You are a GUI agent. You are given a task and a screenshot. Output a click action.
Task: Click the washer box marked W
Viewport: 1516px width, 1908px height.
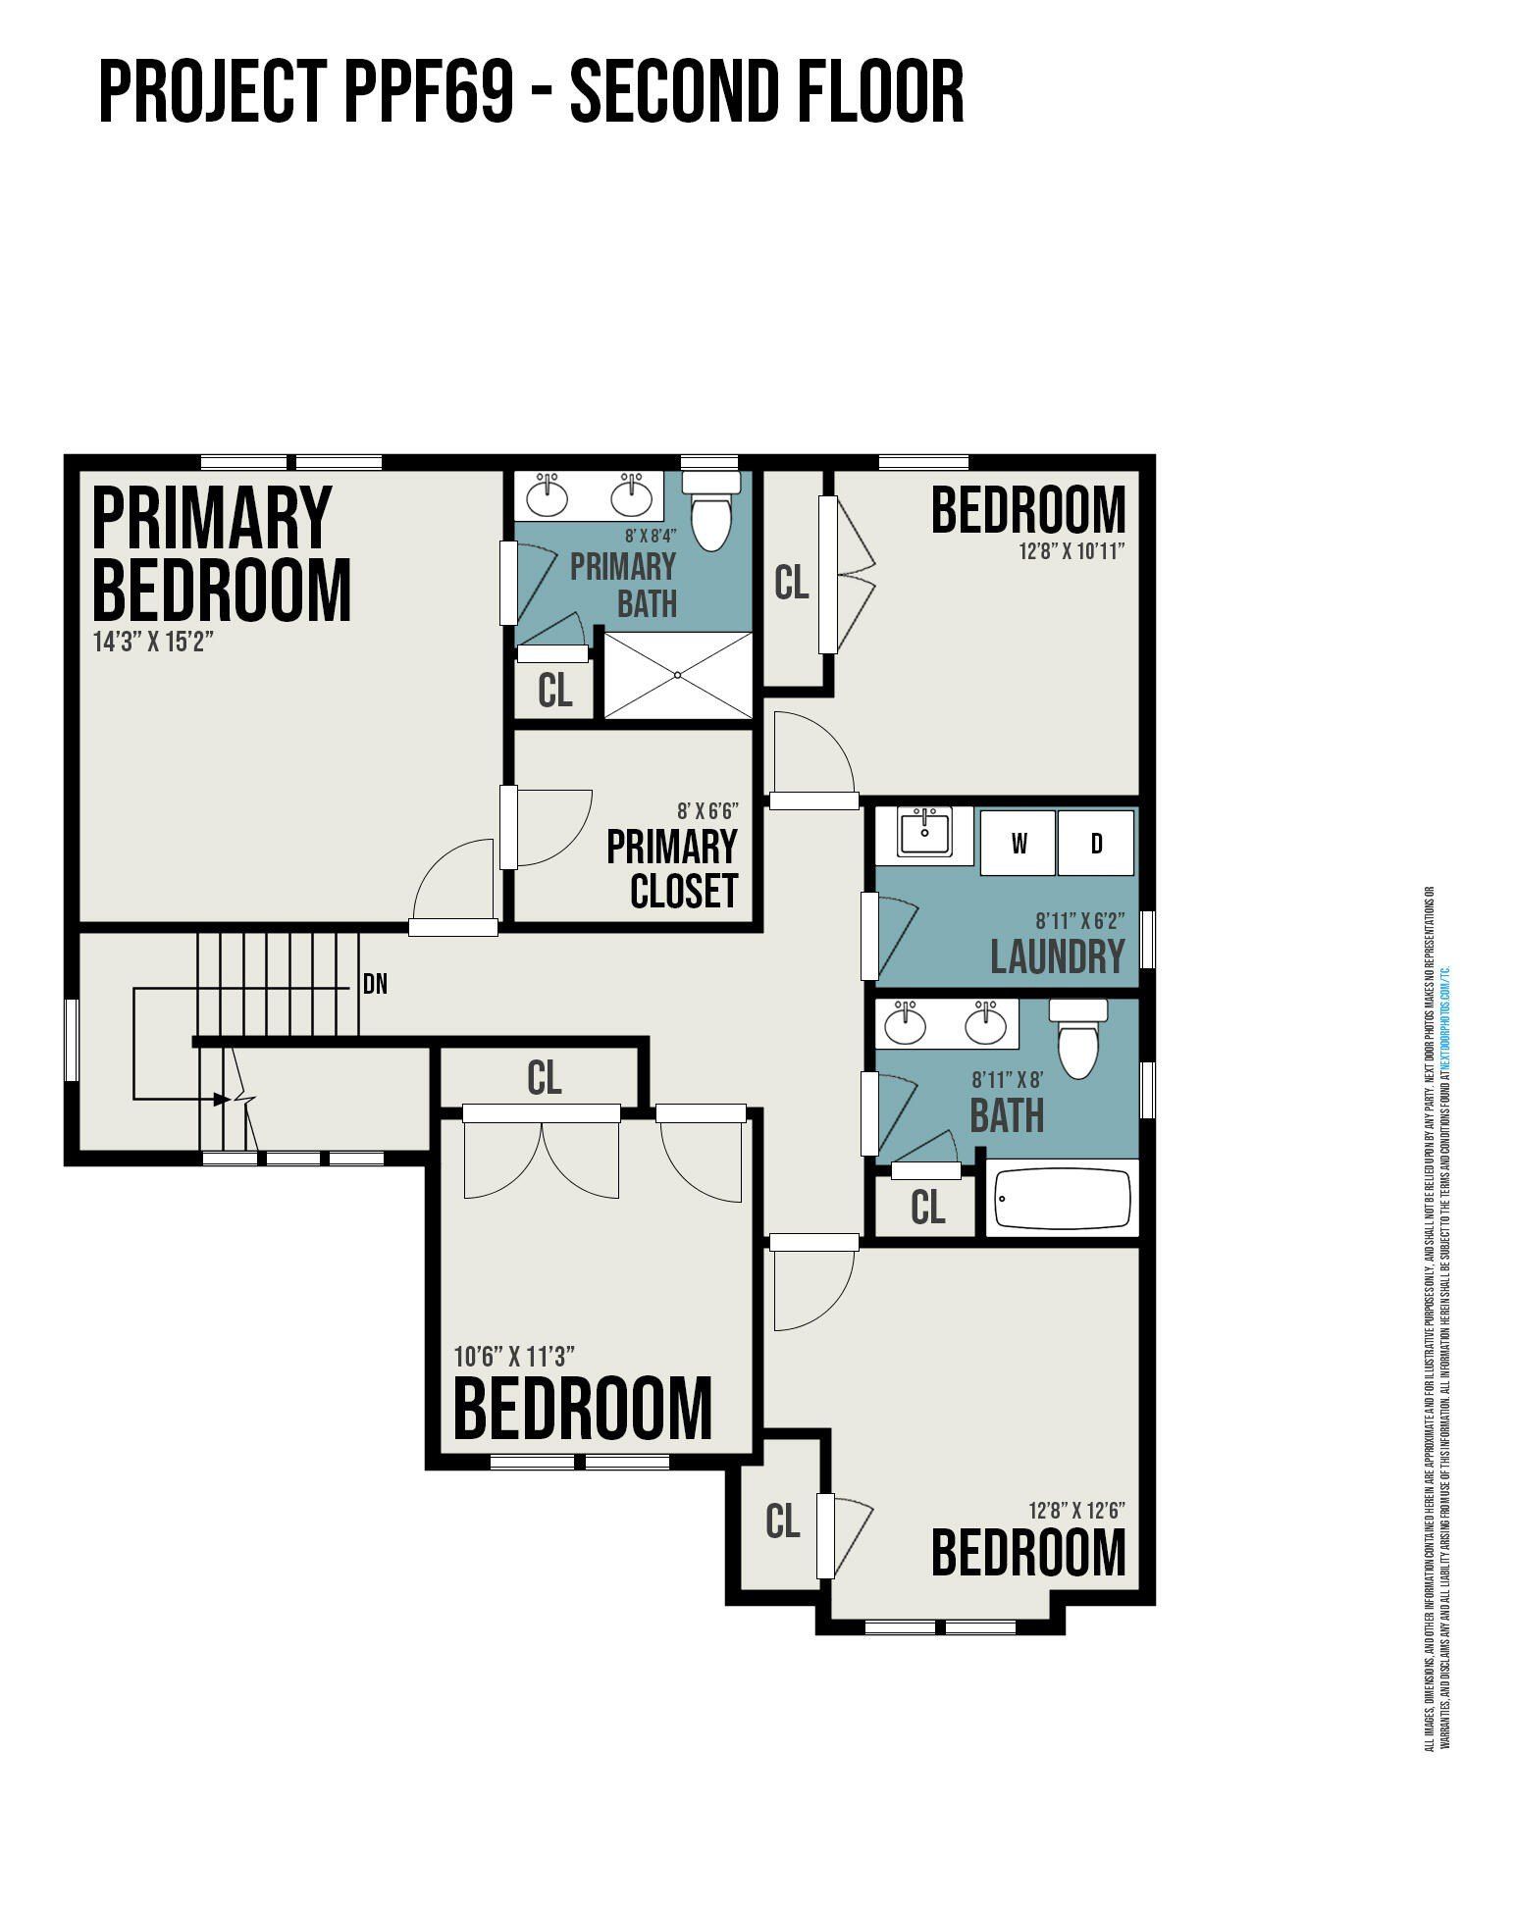pyautogui.click(x=1019, y=843)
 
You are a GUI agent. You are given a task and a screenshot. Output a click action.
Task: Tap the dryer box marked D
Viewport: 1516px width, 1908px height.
pyautogui.click(x=1095, y=843)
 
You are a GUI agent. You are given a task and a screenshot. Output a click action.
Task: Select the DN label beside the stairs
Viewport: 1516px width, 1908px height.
pyautogui.click(x=375, y=984)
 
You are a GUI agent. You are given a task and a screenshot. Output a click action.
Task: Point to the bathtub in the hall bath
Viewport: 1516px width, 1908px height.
pyautogui.click(x=1063, y=1198)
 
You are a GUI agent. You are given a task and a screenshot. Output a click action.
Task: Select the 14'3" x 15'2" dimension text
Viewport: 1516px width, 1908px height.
pyautogui.click(x=153, y=643)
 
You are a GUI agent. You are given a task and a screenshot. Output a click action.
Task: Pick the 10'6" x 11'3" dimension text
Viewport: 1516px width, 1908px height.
pyautogui.click(x=514, y=1356)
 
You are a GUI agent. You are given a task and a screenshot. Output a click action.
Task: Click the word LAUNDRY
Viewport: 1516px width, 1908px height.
pyautogui.click(x=1057, y=957)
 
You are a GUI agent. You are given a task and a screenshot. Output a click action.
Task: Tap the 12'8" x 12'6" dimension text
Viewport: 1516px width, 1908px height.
pyautogui.click(x=1076, y=1510)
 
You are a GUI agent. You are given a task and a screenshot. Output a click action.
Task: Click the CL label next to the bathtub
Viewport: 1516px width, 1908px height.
pyautogui.click(x=927, y=1208)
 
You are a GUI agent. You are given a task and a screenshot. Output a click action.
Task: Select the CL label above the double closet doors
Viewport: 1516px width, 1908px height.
pyautogui.click(x=544, y=1078)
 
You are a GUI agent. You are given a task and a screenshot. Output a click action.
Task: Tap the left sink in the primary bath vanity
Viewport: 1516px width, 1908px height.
pyautogui.click(x=547, y=496)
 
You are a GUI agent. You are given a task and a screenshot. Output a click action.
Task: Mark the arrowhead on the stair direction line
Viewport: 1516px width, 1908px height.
pyautogui.click(x=223, y=1099)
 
